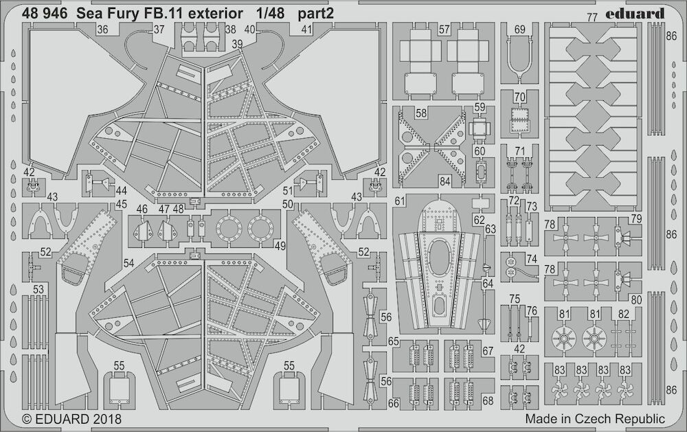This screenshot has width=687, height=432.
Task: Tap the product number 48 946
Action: click(45, 14)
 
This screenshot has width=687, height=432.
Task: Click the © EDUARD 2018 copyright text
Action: click(71, 419)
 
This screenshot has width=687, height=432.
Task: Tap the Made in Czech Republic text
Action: click(595, 419)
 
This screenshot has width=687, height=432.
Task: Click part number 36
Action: click(103, 30)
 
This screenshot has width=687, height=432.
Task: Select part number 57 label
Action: click(444, 30)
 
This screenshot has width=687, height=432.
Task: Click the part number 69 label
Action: click(519, 30)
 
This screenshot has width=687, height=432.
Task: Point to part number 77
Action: click(592, 18)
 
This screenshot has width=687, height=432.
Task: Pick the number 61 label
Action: click(400, 201)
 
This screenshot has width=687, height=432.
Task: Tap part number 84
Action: click(444, 181)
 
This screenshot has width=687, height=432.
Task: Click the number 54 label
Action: click(128, 263)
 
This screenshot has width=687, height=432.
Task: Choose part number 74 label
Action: click(532, 259)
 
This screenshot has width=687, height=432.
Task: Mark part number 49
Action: click(280, 246)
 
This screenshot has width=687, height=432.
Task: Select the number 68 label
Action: click(488, 400)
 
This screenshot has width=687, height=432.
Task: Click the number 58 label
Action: click(421, 113)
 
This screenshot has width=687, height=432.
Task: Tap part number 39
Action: click(237, 44)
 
